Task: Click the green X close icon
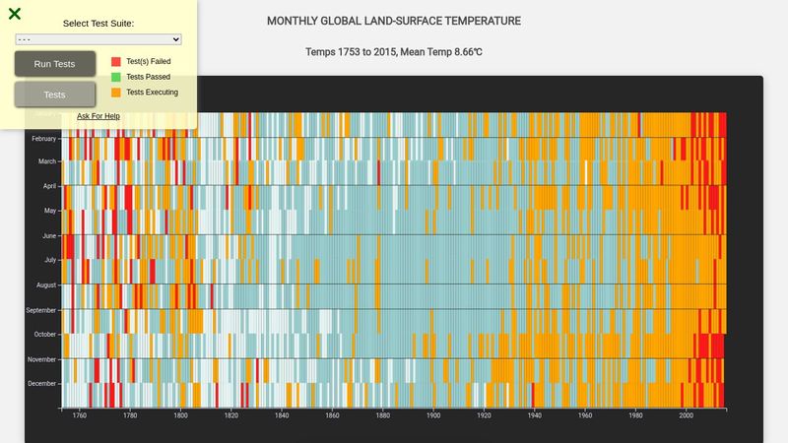click(x=15, y=14)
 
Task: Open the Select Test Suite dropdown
click(x=98, y=39)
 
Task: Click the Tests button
click(x=55, y=95)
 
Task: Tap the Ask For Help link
click(x=98, y=116)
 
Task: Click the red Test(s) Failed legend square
click(x=116, y=61)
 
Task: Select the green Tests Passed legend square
click(x=116, y=77)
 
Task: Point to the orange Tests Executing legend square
click(x=116, y=93)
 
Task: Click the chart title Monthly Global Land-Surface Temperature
click(x=394, y=21)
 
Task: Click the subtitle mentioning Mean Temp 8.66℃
click(x=394, y=51)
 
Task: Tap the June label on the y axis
click(x=48, y=236)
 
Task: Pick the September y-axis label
click(x=40, y=310)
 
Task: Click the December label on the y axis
click(x=41, y=383)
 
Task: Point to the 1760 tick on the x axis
click(x=80, y=415)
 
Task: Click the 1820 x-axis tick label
click(x=231, y=415)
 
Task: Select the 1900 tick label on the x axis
click(x=433, y=415)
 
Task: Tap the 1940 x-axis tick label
click(x=535, y=415)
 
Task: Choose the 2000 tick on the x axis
click(x=687, y=415)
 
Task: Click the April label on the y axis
click(x=49, y=186)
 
